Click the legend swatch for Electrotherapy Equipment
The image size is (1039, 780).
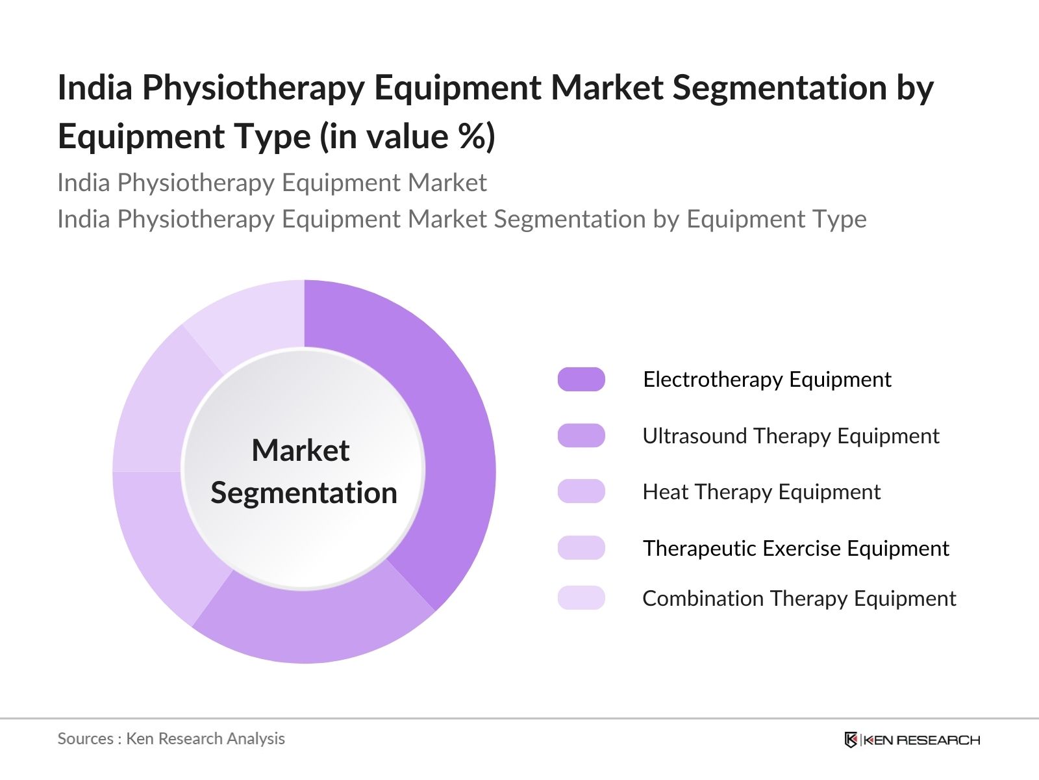581,379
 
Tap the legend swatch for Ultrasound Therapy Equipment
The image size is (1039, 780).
581,435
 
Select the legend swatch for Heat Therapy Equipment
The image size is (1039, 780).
581,491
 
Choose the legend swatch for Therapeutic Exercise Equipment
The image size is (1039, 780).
581,548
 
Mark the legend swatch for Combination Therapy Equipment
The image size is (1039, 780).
581,598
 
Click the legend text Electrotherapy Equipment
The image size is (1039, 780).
767,379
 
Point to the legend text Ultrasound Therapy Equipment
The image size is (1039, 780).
791,435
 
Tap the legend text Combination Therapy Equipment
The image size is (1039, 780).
799,598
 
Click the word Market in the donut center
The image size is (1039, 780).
301,450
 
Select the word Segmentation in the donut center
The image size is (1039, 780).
304,493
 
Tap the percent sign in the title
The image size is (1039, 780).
469,136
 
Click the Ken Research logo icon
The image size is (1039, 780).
851,740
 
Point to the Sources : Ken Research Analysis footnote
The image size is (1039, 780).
171,738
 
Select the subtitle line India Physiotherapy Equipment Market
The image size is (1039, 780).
272,183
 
